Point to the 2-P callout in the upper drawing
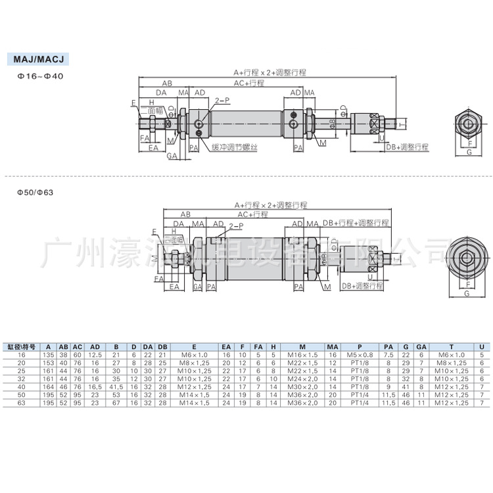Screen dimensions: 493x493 222,101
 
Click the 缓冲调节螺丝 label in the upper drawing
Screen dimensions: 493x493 234,147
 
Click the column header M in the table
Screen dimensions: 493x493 302,346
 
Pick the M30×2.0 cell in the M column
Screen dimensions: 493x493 302,387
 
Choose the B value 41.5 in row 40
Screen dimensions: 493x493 116,387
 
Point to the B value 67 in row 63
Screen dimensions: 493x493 116,402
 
